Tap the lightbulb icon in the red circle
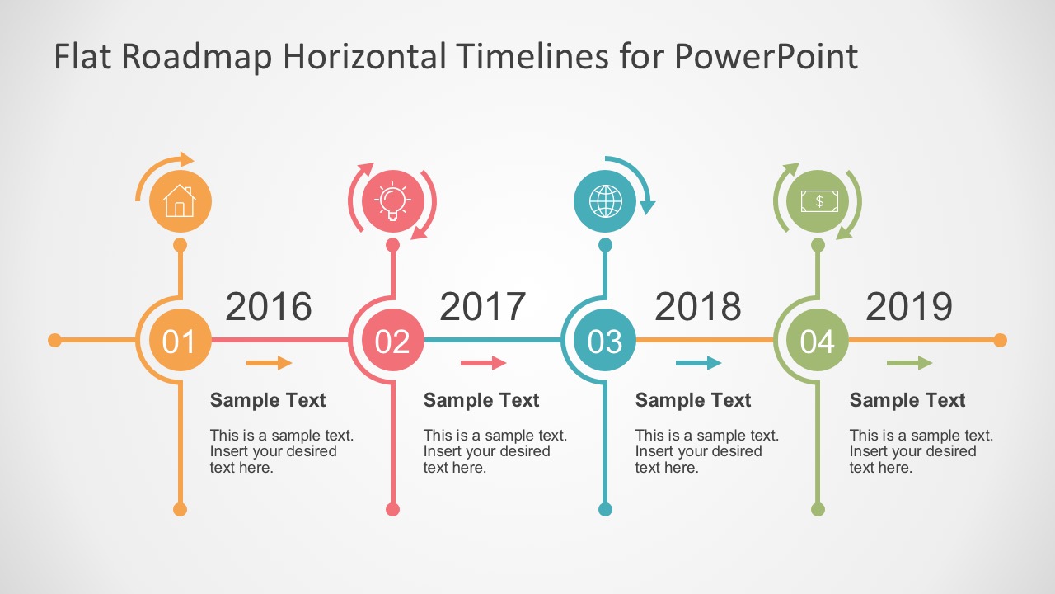tap(392, 201)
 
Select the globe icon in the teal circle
tap(605, 201)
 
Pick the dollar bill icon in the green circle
tap(819, 201)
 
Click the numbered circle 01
tap(181, 340)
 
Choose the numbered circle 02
tap(393, 340)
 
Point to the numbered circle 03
tap(605, 340)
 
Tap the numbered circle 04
tap(818, 340)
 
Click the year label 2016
tap(269, 306)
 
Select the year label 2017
tap(483, 306)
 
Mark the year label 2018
tap(698, 306)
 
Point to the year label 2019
tap(909, 306)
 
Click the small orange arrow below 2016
tap(270, 362)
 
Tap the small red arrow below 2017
tap(484, 362)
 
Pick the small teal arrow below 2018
tap(699, 362)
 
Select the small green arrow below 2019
tap(910, 362)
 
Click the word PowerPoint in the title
tap(767, 56)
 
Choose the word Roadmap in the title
tap(197, 56)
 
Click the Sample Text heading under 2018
tap(693, 400)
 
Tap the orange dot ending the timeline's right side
tap(1001, 340)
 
